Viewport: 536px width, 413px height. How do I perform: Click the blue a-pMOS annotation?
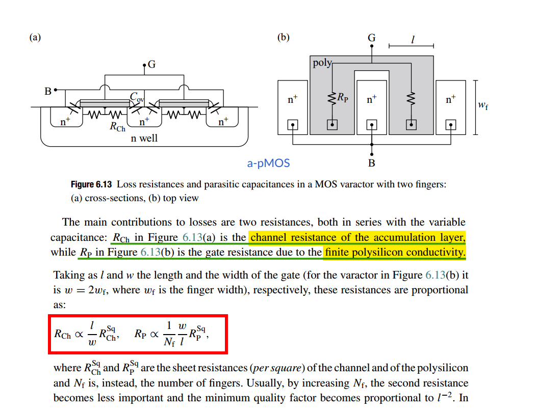268,163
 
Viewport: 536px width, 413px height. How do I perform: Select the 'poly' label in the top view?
321,63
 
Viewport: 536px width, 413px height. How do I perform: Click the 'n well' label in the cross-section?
144,138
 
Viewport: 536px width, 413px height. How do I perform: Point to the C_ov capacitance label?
136,96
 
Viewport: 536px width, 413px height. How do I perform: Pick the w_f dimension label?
483,105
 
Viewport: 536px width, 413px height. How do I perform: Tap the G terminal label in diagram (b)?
371,38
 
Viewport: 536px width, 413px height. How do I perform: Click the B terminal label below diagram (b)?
371,163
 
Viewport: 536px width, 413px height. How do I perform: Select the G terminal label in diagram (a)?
151,65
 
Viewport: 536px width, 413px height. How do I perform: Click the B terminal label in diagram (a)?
48,92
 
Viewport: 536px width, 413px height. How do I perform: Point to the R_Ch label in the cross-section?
117,127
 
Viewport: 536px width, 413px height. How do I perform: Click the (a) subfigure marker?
35,37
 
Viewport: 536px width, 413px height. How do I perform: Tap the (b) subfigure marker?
283,37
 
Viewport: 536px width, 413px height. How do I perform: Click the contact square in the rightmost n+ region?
451,125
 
